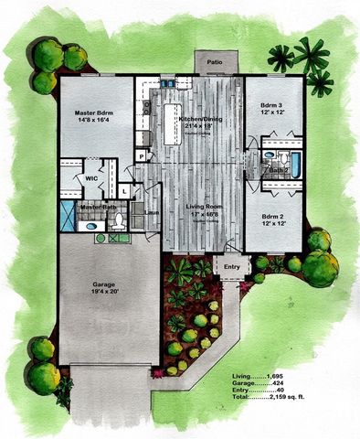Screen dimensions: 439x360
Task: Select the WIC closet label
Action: click(91, 179)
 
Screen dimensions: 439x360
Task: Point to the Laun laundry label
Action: click(152, 213)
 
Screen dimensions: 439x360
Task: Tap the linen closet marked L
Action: click(122, 191)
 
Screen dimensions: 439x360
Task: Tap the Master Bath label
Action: click(97, 207)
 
